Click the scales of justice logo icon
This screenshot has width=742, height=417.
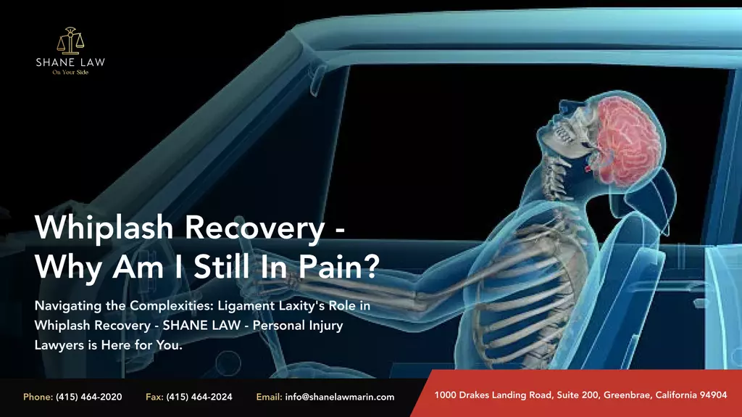70,41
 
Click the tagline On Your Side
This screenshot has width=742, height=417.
70,73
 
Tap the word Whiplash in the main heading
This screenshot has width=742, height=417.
104,228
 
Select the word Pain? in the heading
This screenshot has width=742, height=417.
339,267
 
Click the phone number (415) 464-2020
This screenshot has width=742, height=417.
89,397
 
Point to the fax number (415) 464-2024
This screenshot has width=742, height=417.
199,397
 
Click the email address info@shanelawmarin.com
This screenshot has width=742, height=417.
340,397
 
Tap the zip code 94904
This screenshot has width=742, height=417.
713,395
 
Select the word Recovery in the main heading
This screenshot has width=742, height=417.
254,228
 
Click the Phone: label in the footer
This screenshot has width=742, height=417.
38,397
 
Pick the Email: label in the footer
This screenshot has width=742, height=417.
270,397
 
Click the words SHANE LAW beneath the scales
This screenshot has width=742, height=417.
70,62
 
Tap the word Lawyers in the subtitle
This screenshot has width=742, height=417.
53,345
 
